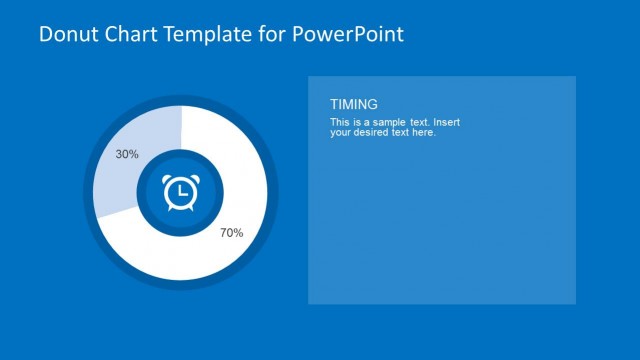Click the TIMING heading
click(x=354, y=104)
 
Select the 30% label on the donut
click(x=127, y=155)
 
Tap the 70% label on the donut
click(x=231, y=233)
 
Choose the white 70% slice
click(x=230, y=190)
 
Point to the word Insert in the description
click(x=445, y=122)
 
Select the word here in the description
click(x=425, y=132)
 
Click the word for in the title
click(x=271, y=34)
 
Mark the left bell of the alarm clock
click(x=170, y=179)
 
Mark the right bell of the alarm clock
click(x=192, y=179)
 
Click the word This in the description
click(x=339, y=122)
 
